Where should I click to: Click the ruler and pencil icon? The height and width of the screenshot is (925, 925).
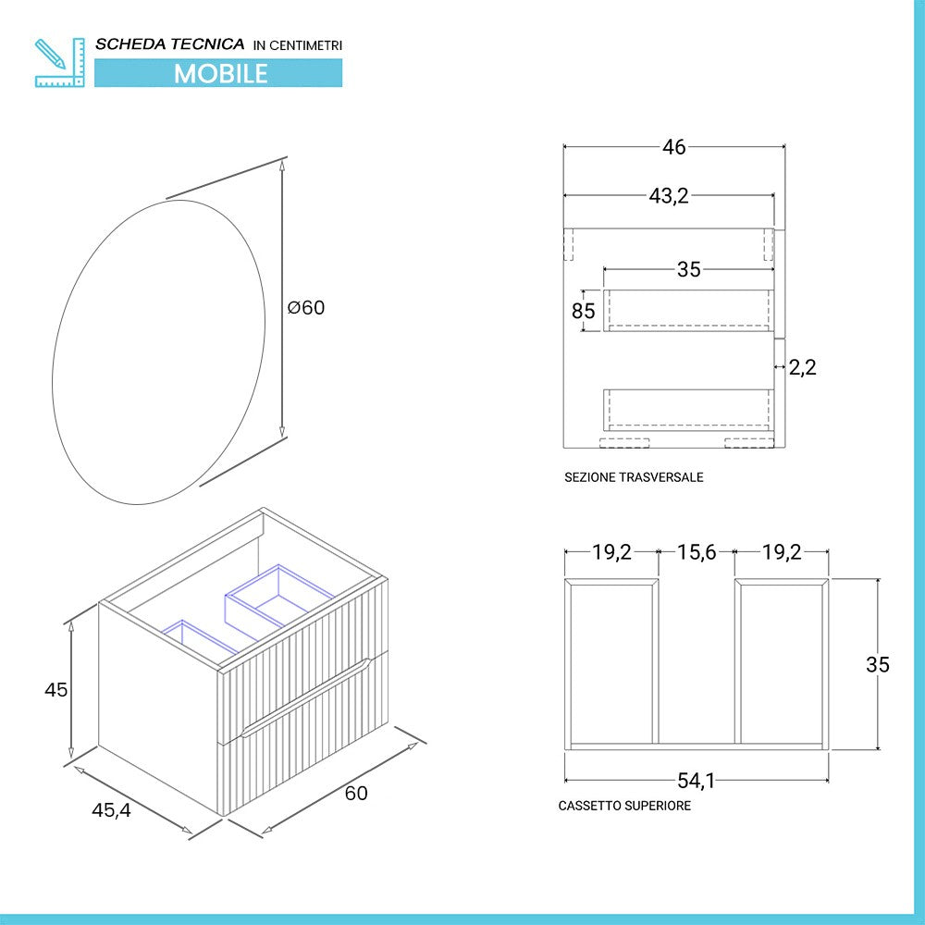(58, 61)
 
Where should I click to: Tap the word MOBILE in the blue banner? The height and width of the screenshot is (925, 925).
(220, 73)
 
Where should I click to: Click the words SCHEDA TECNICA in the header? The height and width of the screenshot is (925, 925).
(170, 43)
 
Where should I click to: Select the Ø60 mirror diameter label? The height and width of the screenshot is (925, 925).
(306, 307)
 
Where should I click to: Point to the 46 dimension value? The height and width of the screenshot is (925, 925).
(674, 147)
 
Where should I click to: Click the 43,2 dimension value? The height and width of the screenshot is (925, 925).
(670, 195)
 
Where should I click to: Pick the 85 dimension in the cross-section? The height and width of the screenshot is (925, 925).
(584, 311)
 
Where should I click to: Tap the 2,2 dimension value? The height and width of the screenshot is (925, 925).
(803, 367)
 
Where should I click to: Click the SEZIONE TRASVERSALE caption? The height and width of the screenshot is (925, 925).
(634, 477)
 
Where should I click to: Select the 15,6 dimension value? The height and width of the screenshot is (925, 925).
(696, 552)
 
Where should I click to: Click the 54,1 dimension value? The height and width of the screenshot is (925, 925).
(696, 781)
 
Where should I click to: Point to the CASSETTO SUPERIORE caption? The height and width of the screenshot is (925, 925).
(624, 806)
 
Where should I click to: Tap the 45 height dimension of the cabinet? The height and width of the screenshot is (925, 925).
(56, 690)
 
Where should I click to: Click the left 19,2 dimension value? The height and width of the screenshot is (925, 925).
(611, 552)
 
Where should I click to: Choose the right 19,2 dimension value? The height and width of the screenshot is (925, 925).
(782, 552)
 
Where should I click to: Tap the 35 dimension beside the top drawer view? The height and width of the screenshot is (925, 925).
(878, 664)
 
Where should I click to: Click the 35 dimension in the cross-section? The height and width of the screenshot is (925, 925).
(689, 269)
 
